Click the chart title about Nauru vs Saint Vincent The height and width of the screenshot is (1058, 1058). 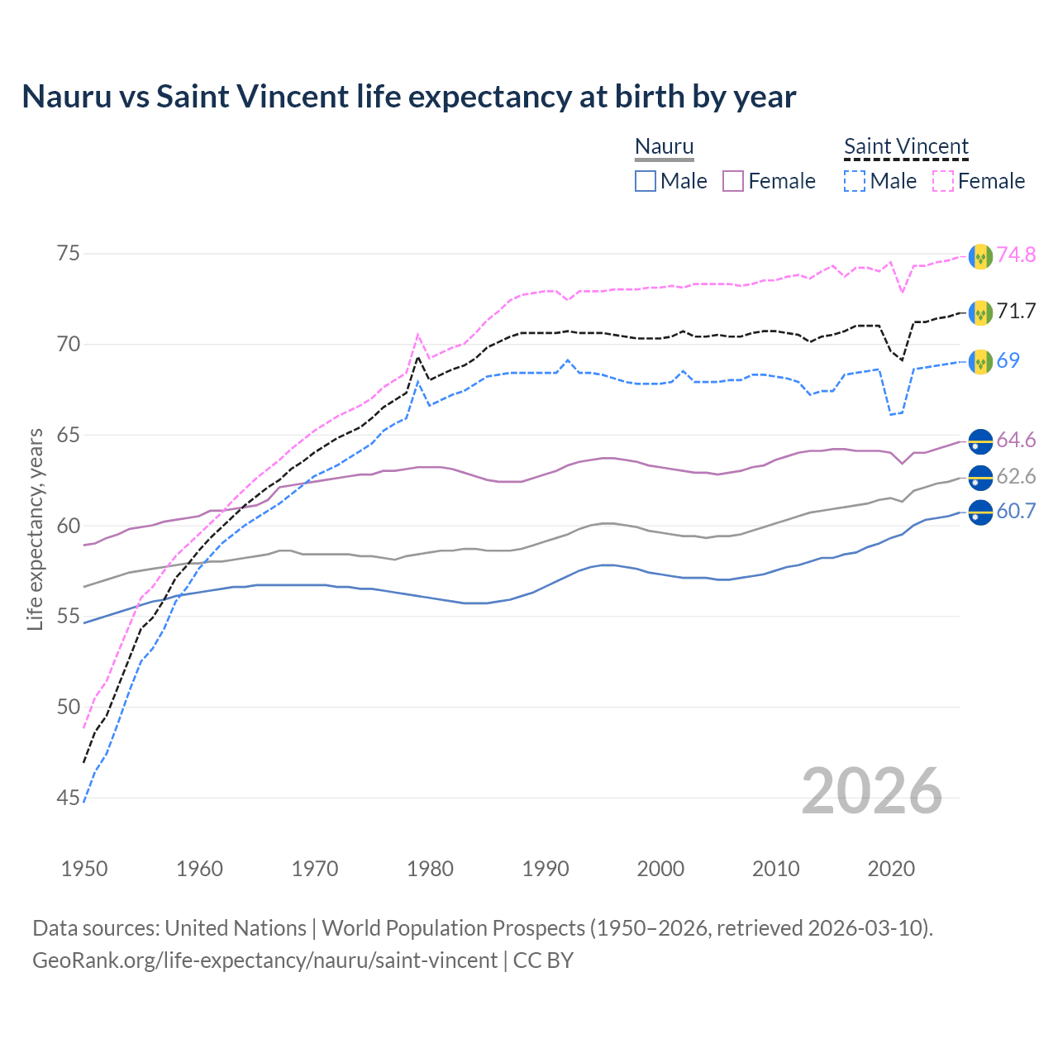point(408,97)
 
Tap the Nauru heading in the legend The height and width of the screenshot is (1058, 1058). point(664,146)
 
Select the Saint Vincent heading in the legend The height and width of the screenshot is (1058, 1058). point(906,146)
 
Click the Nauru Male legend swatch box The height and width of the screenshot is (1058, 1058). point(646,181)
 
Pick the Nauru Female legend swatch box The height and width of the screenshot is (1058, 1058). point(733,181)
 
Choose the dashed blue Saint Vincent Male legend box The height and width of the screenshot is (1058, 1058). point(855,181)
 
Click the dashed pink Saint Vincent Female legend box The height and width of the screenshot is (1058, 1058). point(943,181)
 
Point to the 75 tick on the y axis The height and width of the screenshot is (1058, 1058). point(68,254)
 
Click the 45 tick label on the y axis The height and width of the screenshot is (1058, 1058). point(68,798)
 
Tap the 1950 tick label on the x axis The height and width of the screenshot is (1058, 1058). point(84,869)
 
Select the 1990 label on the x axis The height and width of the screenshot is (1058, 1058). point(546,869)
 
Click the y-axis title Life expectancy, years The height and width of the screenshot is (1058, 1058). point(35,529)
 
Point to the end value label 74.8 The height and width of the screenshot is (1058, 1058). point(1016,255)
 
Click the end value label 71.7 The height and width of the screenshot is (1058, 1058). point(1016,312)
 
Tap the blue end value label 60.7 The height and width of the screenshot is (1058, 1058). point(1016,512)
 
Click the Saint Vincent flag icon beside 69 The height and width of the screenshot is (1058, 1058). point(980,361)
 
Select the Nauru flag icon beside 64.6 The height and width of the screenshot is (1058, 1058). point(980,441)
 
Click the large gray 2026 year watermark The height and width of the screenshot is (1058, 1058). point(871,792)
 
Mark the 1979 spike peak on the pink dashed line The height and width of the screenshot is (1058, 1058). point(418,335)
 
